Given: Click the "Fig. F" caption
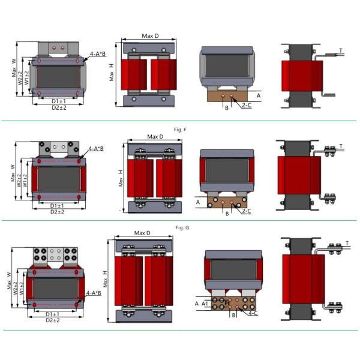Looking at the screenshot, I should (180, 129).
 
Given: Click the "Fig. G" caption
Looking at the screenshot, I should (180, 229).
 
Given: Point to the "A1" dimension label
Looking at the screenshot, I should (206, 304).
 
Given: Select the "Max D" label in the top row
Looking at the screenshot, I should (150, 36).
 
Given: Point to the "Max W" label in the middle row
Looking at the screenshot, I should (13, 172).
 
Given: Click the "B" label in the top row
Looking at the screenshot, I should (227, 108).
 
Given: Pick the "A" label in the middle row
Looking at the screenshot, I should (197, 203).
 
